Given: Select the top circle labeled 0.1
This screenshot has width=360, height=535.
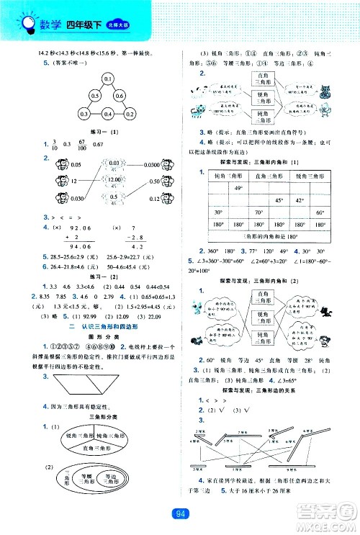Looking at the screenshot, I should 109,78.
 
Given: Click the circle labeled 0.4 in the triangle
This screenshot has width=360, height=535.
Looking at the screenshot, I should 109,114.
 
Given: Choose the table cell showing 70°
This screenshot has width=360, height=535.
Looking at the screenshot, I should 257,212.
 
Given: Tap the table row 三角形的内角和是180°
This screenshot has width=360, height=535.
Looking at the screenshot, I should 268,235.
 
